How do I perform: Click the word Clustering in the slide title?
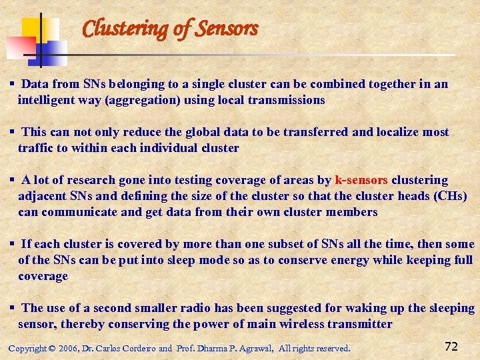[x=123, y=29]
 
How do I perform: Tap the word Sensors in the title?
[x=226, y=29]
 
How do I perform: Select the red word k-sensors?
[x=361, y=180]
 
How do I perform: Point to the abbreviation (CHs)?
[x=450, y=196]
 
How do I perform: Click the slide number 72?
[x=451, y=346]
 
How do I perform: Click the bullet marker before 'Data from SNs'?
[x=12, y=84]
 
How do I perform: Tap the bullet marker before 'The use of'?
[x=12, y=308]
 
